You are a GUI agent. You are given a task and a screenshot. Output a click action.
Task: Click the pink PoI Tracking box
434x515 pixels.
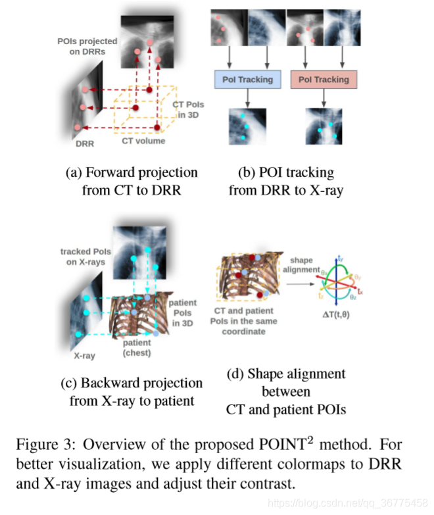324,80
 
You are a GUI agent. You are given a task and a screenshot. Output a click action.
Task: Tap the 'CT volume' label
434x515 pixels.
143,141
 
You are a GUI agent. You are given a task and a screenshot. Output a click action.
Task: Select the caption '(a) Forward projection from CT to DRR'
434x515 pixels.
132,182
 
